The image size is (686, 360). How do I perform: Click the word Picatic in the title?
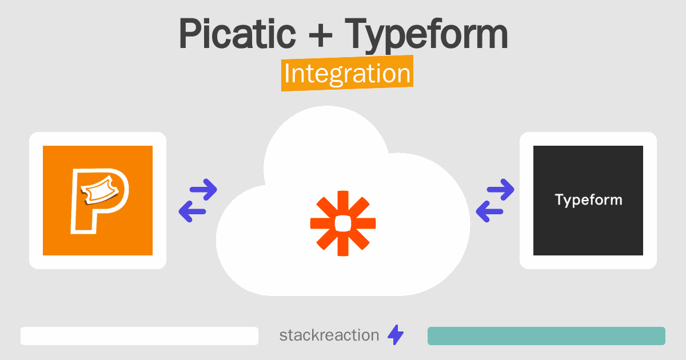pos(237,33)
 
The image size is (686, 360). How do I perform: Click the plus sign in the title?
pos(321,36)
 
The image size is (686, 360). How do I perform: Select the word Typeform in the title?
pos(426,36)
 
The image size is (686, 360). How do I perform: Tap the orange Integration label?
pos(348,73)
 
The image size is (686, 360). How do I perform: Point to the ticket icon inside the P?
pos(99,190)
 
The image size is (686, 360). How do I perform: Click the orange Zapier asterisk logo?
pos(343,223)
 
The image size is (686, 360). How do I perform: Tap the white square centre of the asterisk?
pos(343,223)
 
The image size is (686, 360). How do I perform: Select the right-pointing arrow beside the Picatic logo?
pos(204,190)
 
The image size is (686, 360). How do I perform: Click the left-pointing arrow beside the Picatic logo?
pos(192,211)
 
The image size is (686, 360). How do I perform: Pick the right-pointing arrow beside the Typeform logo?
pos(500,190)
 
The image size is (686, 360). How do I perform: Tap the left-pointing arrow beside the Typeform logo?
pos(489,211)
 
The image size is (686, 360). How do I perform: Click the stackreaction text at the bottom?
pos(329,335)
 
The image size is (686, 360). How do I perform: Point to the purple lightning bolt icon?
pos(396,335)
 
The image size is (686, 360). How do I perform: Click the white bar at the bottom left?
pos(139,336)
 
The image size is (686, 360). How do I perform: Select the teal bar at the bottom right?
pos(547,336)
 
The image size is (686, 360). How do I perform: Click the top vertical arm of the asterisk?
pos(343,203)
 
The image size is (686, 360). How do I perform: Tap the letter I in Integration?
pos(287,73)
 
